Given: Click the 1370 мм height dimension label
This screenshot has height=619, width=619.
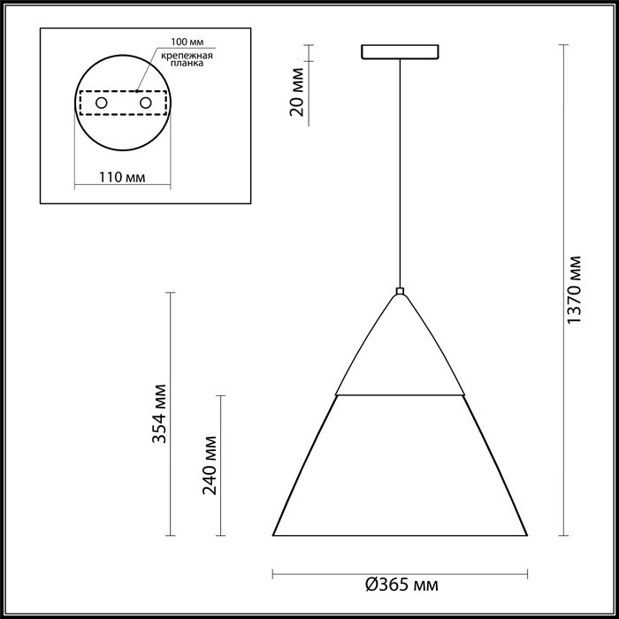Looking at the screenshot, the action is point(574,290).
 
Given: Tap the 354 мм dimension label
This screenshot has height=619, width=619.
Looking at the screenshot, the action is point(159,413).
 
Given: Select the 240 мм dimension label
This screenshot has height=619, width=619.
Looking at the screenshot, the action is point(210,465).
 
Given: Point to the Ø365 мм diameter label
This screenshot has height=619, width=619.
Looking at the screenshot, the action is point(401,585).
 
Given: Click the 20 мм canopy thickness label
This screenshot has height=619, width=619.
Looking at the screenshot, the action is point(297,92).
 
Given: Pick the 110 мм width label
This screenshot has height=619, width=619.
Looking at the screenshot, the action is point(122,177).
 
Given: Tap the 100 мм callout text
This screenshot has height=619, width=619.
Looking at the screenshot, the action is point(187,42).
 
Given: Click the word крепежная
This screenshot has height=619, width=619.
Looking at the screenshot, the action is point(187,55).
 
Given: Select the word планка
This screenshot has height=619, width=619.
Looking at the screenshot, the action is point(187,63).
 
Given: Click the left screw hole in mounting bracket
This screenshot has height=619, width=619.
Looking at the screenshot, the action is point(102,103).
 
